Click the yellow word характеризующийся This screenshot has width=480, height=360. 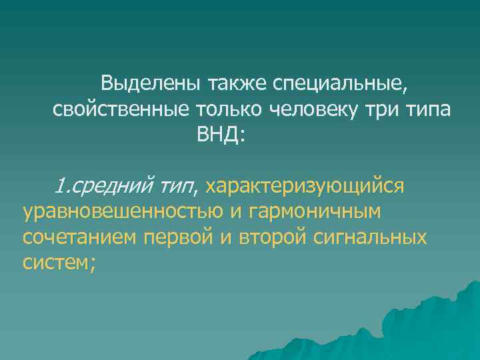[x=306, y=186]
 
